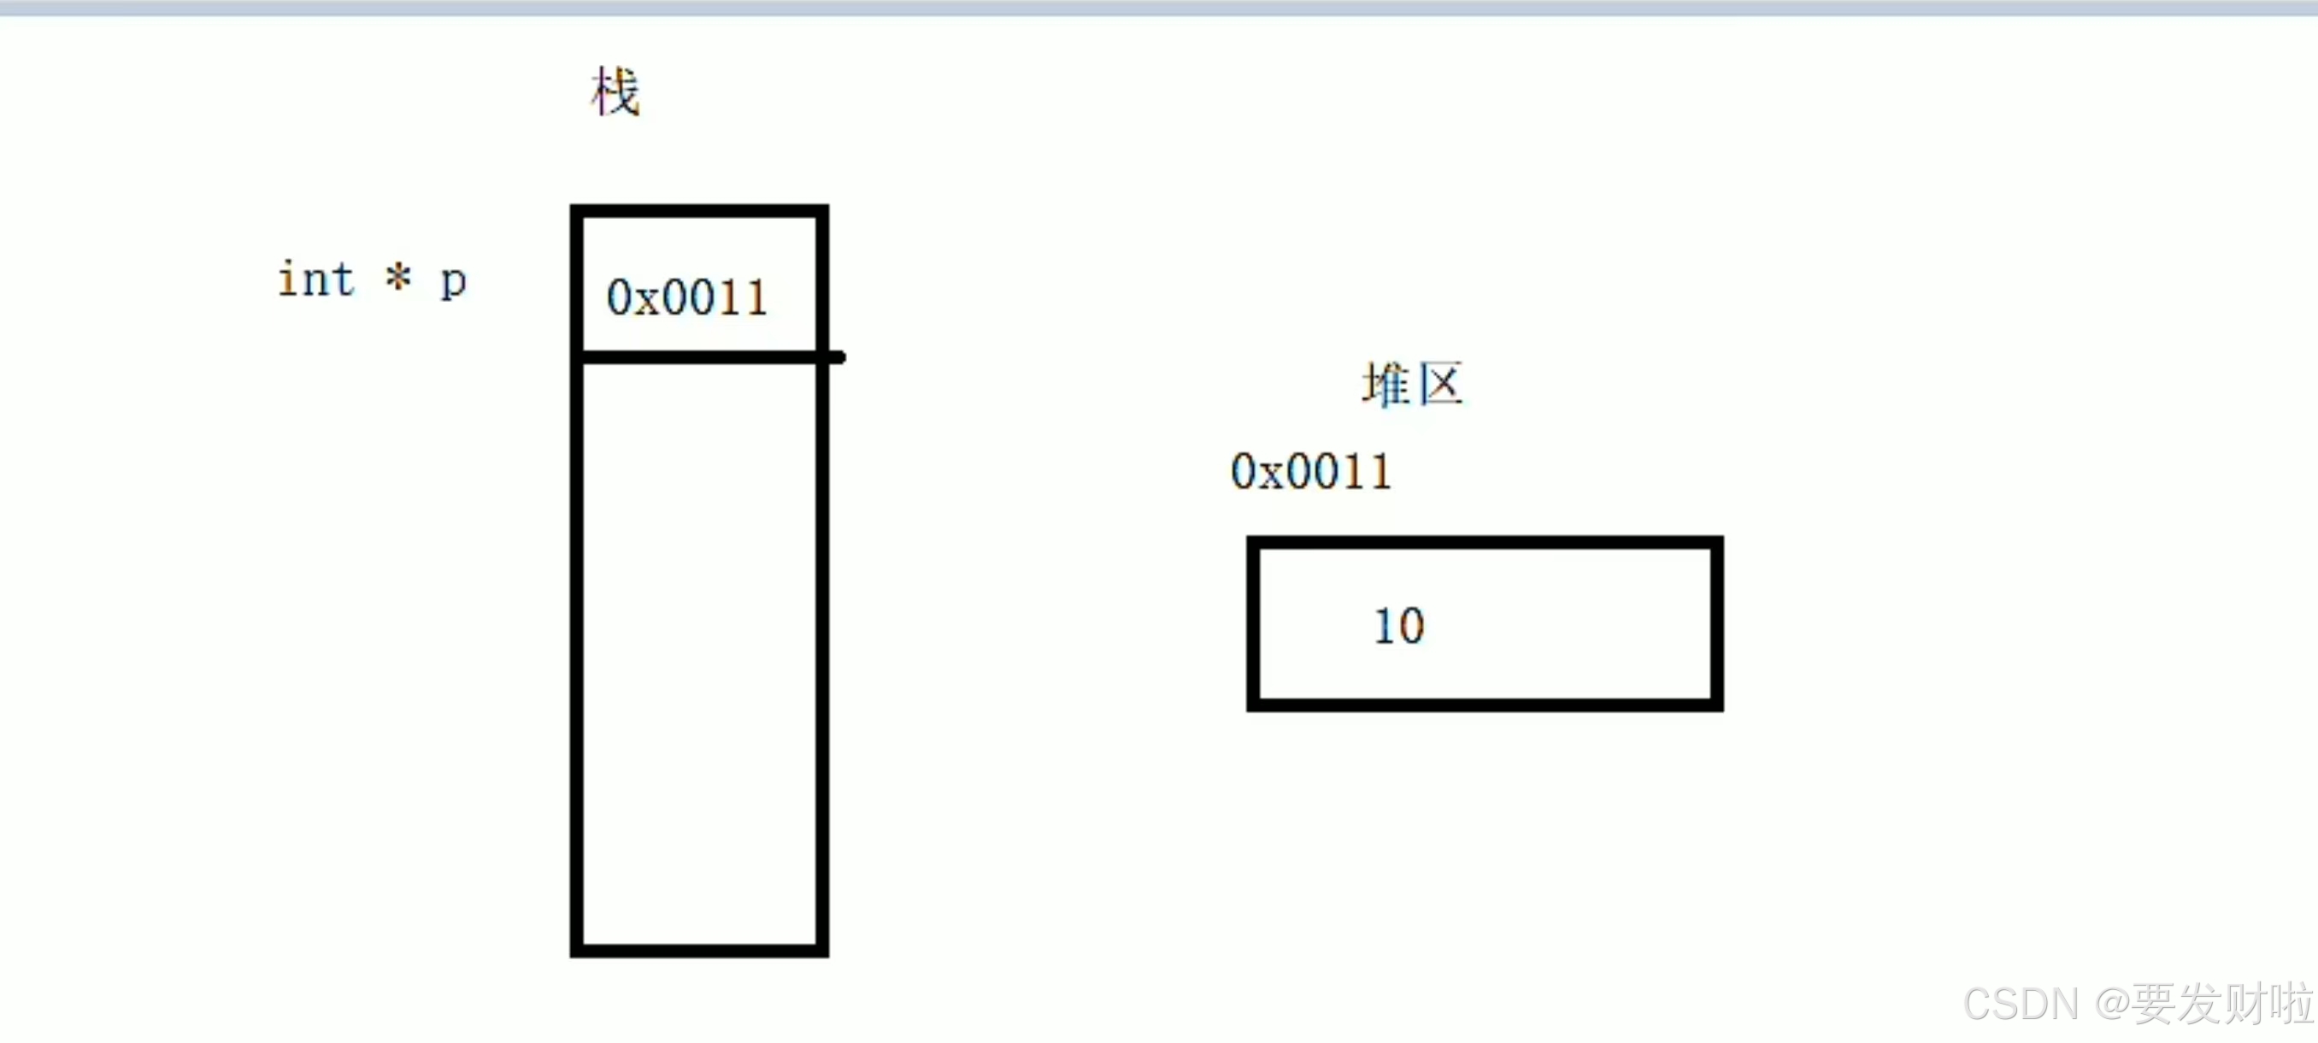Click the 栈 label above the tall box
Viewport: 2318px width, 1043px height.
tap(615, 91)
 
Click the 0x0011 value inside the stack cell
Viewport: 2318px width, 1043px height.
tap(686, 297)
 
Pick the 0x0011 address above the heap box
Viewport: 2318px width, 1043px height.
tap(1310, 472)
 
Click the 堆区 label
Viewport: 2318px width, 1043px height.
tap(1413, 386)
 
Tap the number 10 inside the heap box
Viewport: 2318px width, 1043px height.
tap(1399, 626)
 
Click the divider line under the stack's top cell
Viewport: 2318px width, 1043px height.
tap(700, 357)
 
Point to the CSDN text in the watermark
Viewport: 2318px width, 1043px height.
tap(2021, 1004)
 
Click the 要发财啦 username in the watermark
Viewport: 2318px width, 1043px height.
tap(2222, 1004)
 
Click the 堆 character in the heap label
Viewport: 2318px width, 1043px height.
tap(1386, 386)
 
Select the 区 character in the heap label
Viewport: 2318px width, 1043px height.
tap(1441, 386)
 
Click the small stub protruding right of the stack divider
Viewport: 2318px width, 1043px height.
tap(837, 357)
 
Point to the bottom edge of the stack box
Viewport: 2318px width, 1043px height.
tap(700, 951)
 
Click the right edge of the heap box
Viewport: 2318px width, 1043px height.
tap(1717, 623)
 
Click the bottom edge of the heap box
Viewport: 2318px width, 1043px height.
tap(1485, 704)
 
